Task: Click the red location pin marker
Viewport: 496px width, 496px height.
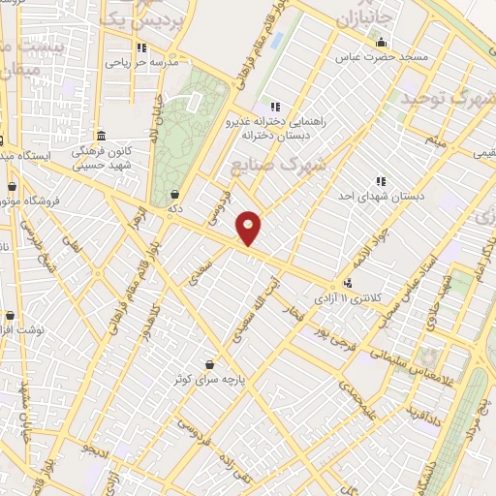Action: tap(249, 228)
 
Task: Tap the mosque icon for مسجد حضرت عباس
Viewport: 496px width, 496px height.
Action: tap(381, 43)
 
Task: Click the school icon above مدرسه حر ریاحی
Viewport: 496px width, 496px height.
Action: tap(141, 47)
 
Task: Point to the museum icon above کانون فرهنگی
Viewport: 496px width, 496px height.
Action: tap(101, 135)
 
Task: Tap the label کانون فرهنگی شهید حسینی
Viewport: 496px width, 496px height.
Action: tap(101, 157)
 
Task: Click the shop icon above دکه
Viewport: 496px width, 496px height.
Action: tap(174, 194)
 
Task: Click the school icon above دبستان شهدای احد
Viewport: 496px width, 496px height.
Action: tap(381, 181)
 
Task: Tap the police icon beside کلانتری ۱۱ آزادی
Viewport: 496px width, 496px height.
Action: tap(348, 284)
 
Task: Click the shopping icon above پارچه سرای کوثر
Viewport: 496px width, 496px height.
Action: tap(209, 364)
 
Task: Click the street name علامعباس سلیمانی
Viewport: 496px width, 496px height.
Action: tap(395, 357)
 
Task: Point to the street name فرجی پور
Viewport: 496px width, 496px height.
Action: tap(326, 335)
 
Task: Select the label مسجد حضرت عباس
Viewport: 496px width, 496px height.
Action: tap(381, 58)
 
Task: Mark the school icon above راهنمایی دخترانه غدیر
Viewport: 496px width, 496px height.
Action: tap(275, 106)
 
